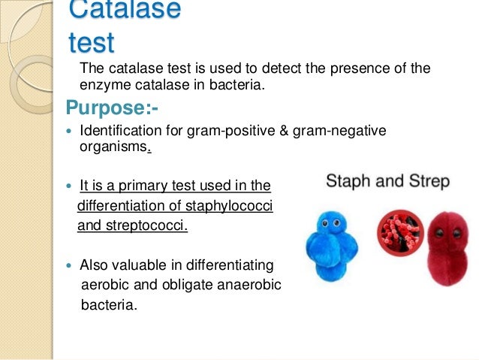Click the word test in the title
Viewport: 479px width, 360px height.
coord(91,44)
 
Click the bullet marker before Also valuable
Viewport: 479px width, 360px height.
coord(71,266)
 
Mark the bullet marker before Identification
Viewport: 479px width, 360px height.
coord(71,132)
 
